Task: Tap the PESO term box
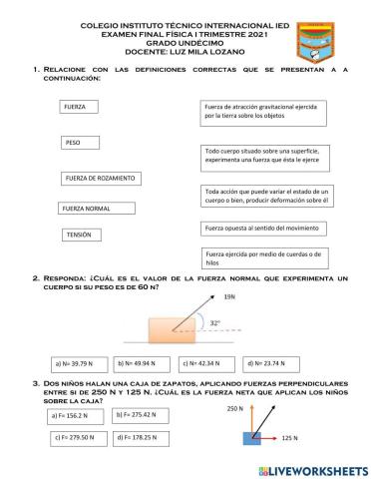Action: [x=80, y=143]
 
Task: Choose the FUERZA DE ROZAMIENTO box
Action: [x=99, y=179]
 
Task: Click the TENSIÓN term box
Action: [x=83, y=236]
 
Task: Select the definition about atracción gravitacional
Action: [x=263, y=111]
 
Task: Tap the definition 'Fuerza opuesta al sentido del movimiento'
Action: [x=263, y=229]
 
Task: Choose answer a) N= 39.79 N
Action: [x=78, y=364]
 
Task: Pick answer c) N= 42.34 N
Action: [x=205, y=364]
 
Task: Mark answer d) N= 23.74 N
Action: [x=267, y=364]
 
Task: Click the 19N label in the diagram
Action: [x=230, y=297]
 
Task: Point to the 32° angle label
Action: [x=215, y=322]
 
